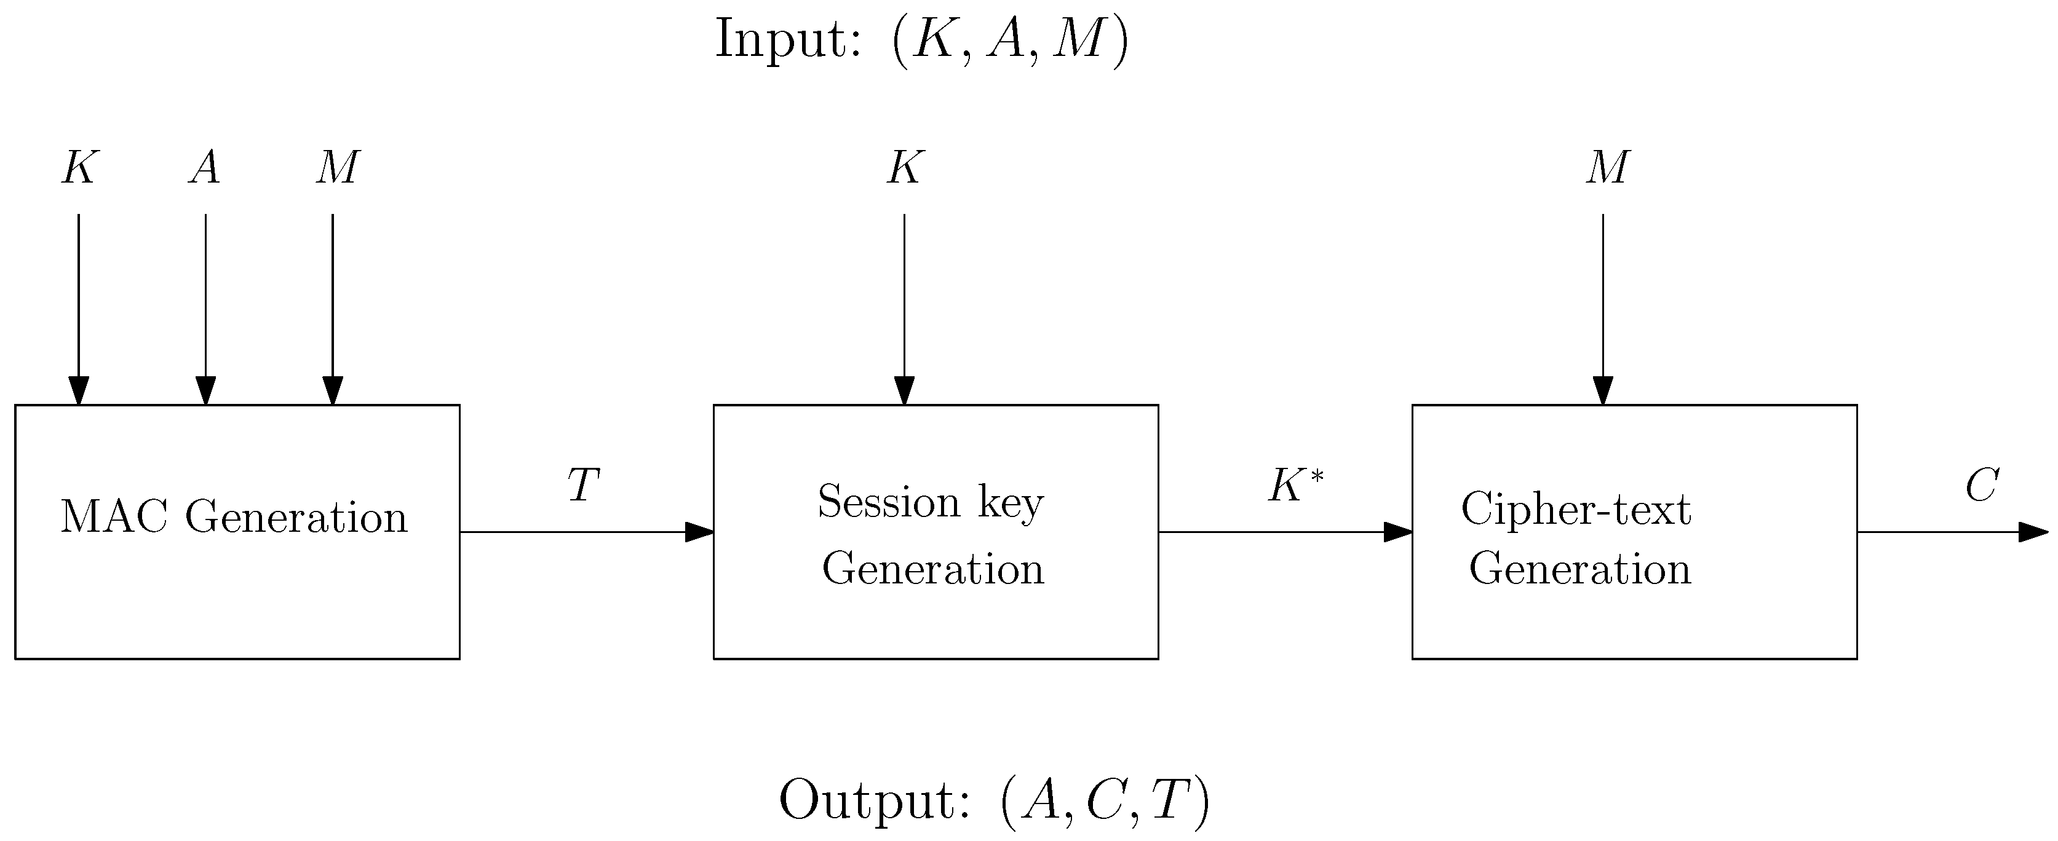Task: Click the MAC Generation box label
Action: click(234, 518)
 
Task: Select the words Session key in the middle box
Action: click(930, 502)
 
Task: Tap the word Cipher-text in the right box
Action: click(1575, 509)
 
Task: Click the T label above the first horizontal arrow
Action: click(583, 485)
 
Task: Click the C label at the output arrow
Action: click(1981, 485)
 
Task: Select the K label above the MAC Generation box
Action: click(79, 168)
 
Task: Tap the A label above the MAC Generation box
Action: click(205, 168)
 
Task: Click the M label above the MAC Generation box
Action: click(336, 168)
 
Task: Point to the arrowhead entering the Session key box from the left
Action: click(700, 532)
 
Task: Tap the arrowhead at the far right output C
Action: click(2033, 532)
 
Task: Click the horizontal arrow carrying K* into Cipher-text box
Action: click(1278, 532)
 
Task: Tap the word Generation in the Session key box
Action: click(932, 569)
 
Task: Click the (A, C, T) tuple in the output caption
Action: click(1105, 800)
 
